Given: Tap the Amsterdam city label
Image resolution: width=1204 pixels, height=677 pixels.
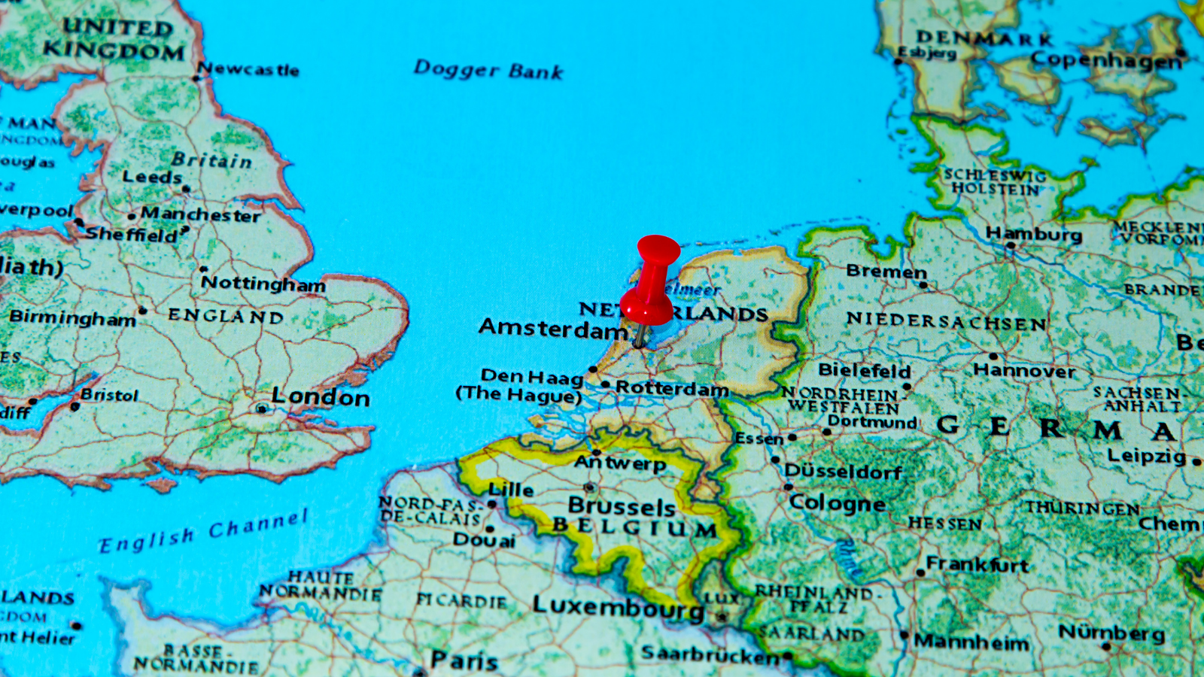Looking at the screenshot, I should [553, 328].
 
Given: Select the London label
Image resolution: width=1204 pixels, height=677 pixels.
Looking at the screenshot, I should [321, 396].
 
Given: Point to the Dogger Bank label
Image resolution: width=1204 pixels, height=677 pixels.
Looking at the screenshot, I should [488, 70].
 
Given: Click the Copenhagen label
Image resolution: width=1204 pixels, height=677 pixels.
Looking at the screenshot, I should [1105, 60].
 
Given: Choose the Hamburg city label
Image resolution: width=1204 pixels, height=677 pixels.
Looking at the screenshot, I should [1034, 234].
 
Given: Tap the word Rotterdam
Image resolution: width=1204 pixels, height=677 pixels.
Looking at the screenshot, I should [672, 388].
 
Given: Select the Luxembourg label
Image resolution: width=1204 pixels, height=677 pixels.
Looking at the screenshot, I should [618, 606].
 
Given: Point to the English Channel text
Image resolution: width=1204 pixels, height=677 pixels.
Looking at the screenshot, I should [203, 531].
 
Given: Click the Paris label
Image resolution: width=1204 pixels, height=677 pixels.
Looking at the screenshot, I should [464, 660].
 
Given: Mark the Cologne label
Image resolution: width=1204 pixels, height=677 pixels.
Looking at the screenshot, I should [837, 502].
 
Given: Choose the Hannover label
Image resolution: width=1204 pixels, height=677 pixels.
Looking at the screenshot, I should [1024, 370].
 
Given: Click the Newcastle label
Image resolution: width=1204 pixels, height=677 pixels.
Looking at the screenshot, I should [249, 70].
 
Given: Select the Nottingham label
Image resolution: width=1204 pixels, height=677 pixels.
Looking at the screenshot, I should [263, 284].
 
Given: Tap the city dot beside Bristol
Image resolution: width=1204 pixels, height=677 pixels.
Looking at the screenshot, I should [74, 406].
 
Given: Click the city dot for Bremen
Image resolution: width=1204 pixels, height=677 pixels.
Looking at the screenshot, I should [923, 285].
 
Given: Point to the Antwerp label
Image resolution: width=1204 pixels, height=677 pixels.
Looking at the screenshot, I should [620, 463].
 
